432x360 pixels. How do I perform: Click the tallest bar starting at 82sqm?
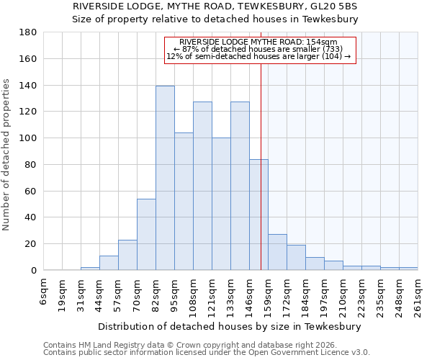click(165, 178)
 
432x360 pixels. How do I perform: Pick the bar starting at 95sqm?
click(184, 202)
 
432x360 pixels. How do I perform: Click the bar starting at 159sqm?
click(277, 252)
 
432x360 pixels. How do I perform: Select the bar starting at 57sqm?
click(127, 255)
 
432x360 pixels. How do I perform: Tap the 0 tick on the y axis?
click(34, 271)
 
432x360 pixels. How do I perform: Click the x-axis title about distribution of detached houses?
click(229, 326)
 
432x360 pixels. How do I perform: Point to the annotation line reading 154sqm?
click(258, 42)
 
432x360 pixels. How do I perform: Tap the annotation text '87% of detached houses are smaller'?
click(258, 49)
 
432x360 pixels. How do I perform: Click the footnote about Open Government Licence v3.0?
click(207, 353)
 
